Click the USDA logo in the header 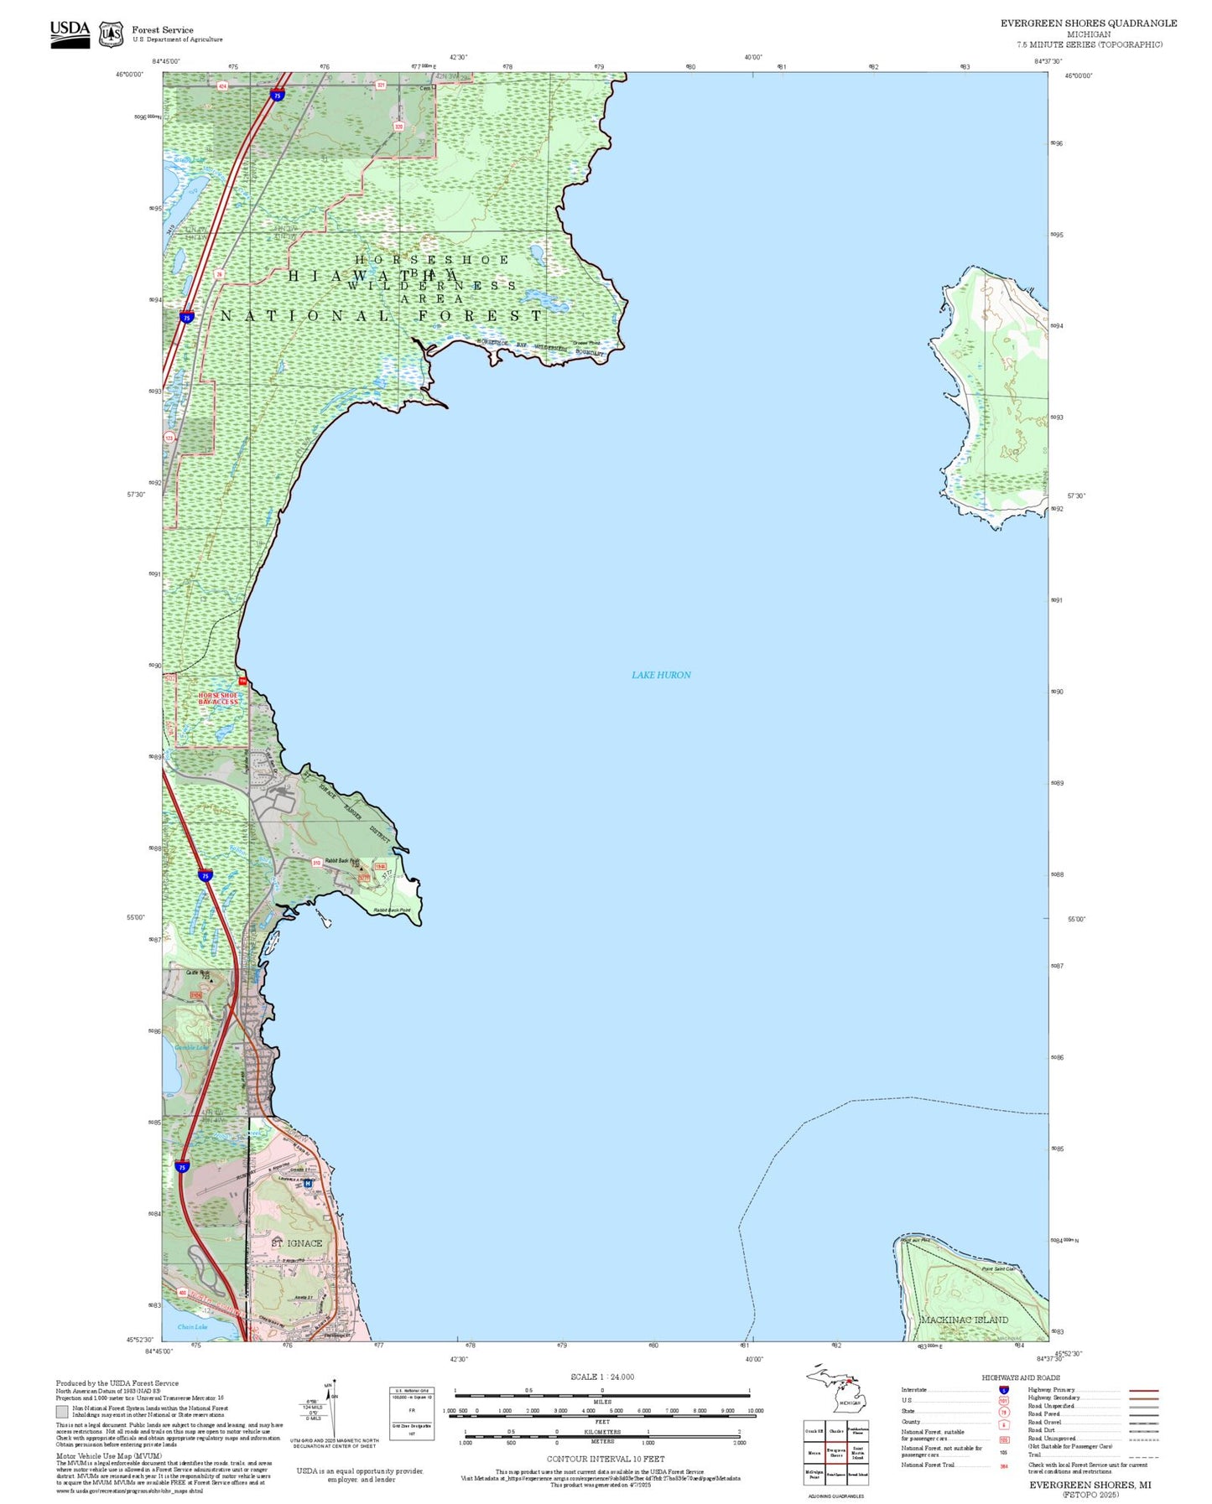click(70, 34)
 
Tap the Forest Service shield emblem click(111, 34)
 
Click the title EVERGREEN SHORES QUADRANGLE click(1088, 23)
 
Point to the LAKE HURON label click(661, 675)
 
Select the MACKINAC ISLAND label click(965, 1320)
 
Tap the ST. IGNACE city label click(296, 1242)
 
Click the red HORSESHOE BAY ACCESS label click(218, 698)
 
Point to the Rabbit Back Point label click(392, 910)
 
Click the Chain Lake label click(192, 1326)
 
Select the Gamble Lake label click(190, 1047)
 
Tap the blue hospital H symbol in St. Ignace click(308, 1183)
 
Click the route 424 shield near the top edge click(222, 86)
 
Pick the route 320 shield click(398, 127)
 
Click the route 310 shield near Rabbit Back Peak click(316, 863)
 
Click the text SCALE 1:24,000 click(601, 1377)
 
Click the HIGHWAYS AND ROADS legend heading click(1020, 1377)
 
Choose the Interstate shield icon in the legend click(1003, 1390)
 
